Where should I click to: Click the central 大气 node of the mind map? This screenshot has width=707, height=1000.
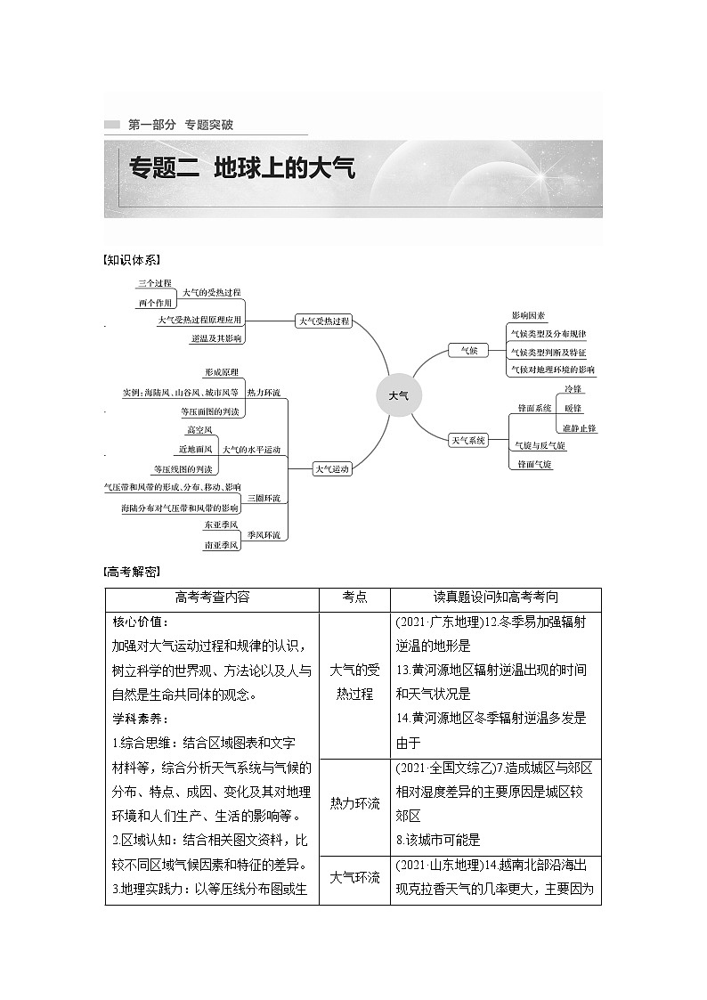coord(398,394)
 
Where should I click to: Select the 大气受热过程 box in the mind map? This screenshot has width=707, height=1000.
coord(324,321)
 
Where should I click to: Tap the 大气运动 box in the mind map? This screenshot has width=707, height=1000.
coord(331,468)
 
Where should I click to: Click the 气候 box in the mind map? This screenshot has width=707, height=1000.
coord(468,351)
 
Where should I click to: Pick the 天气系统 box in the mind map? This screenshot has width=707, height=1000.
coord(468,440)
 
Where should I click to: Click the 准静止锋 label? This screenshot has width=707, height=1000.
coord(580,427)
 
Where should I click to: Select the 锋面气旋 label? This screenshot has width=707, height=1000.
coord(530,465)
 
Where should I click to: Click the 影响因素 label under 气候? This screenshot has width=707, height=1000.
coord(529,315)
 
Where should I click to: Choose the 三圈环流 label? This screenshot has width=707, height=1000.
coord(264,498)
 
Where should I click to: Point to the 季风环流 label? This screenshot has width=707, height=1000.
coord(264,534)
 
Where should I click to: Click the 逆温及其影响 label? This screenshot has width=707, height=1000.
coord(215,339)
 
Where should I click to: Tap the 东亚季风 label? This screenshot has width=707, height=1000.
coord(221,525)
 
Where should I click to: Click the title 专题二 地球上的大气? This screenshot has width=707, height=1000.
coord(242,167)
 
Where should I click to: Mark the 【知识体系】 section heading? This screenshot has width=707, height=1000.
coord(132,260)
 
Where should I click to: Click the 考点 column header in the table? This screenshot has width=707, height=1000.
coord(354,598)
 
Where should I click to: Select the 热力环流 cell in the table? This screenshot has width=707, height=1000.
coord(354,803)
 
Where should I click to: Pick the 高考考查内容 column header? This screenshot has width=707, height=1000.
coord(212,598)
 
